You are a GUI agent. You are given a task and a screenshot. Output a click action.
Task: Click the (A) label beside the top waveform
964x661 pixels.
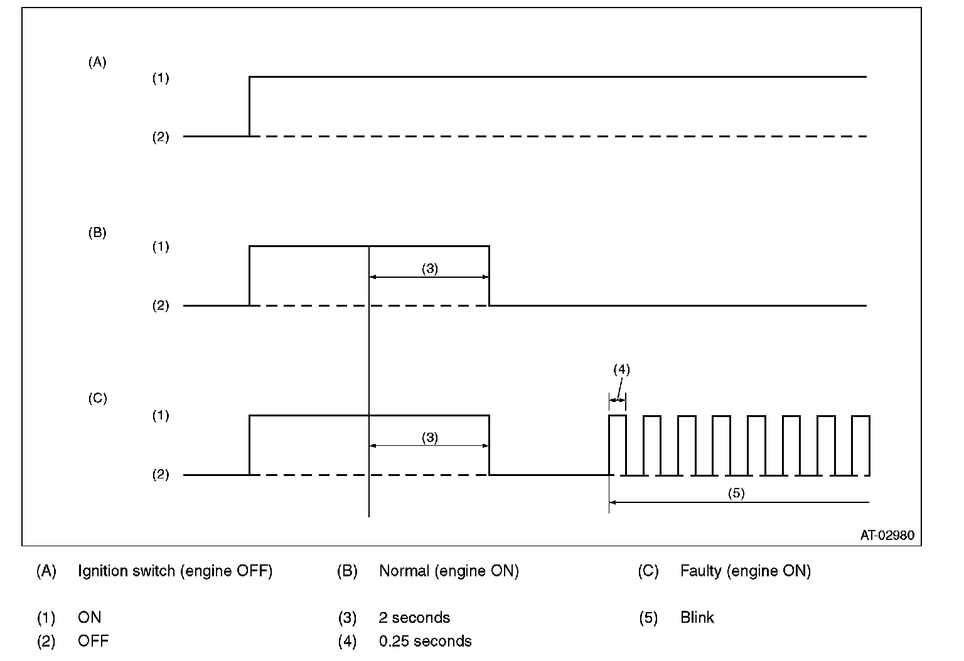point(97,62)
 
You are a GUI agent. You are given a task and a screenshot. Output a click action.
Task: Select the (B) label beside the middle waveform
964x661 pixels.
point(97,233)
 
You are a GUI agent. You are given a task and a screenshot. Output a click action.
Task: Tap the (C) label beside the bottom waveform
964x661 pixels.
point(97,398)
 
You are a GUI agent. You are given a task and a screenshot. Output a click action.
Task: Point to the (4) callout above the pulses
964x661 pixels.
point(621,369)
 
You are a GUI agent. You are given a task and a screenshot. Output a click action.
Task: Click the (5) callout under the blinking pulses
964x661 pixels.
point(736,493)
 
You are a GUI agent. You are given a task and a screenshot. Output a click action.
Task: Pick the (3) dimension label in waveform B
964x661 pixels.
point(429,268)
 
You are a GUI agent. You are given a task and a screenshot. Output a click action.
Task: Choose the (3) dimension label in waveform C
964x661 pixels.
point(429,437)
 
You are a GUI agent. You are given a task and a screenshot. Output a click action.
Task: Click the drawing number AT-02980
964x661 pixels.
point(887,536)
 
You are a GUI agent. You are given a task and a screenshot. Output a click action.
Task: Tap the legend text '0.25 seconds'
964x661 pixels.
point(425,641)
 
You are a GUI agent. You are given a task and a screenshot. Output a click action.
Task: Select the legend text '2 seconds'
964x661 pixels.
point(414,617)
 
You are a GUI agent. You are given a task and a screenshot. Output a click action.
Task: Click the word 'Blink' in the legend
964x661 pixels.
point(697,617)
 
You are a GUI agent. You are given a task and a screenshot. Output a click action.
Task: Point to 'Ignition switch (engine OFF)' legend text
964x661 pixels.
point(175,571)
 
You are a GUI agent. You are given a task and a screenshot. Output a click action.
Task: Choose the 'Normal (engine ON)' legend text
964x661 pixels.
point(449,571)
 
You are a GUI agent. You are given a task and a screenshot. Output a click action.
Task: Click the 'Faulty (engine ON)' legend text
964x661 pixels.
point(745,571)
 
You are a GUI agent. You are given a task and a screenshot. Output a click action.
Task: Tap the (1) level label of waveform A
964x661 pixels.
point(161,78)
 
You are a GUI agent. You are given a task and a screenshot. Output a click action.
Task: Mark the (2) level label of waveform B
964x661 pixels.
point(161,306)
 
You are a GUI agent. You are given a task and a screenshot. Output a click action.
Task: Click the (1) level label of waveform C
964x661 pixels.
point(161,415)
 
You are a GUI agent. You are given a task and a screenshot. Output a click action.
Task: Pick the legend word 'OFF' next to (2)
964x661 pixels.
point(93,641)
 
